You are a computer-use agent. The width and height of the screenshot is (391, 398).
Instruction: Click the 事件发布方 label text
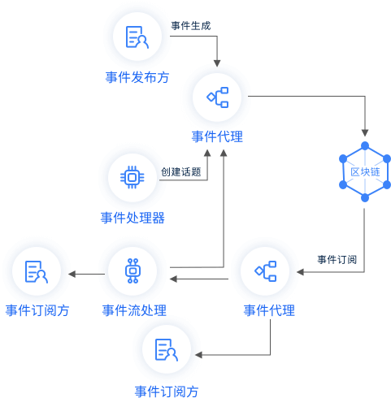pos(137,77)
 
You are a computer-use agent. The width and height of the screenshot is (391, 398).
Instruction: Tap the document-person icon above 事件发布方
pos(137,37)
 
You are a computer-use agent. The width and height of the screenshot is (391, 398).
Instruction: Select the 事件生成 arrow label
pos(191,26)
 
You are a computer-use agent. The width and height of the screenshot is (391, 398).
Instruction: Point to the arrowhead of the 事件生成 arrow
pos(217,63)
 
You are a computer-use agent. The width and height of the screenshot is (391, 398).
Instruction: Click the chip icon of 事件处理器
pos(133,177)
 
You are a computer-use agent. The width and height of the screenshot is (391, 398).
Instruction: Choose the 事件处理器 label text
pos(133,218)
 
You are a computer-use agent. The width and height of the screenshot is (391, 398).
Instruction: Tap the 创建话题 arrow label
pos(181,171)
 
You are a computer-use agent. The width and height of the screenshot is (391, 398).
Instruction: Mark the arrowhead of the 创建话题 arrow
pos(207,153)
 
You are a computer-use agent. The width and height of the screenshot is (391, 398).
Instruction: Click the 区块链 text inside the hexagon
pos(365,171)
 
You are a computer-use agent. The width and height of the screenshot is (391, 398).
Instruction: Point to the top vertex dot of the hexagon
pos(365,145)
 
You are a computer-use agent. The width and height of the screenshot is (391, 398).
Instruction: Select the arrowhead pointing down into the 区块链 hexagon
pos(365,132)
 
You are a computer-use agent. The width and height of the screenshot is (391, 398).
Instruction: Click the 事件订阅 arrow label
pos(337,259)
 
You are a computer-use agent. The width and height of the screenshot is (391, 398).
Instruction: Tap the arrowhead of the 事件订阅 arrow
pos(300,272)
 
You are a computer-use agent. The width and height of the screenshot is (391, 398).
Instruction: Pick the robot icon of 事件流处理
pos(133,270)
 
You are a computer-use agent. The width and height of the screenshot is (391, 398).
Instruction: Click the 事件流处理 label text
pos(134,310)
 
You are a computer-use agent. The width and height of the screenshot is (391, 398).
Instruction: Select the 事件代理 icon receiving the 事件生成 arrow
pos(218,97)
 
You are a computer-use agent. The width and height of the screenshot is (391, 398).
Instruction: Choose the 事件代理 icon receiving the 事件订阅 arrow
pos(266,271)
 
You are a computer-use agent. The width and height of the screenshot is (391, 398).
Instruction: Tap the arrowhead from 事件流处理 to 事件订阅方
pos(72,274)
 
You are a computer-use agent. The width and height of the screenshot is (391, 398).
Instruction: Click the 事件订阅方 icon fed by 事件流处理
pos(37,272)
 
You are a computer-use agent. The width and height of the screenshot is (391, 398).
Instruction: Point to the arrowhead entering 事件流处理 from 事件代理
pos(173,279)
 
